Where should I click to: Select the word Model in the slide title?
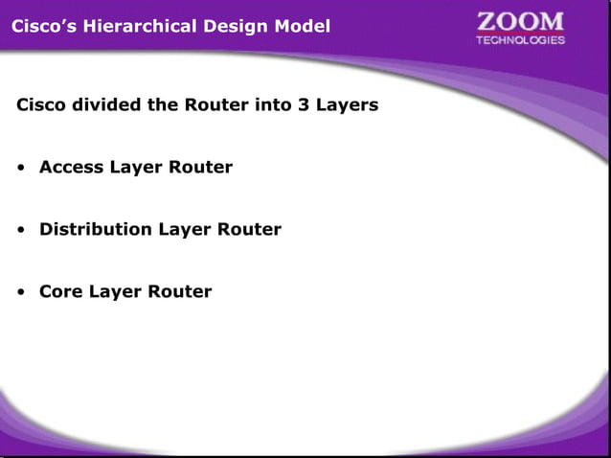click(302, 26)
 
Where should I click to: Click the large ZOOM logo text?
click(520, 22)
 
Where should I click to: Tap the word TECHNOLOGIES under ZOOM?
click(520, 40)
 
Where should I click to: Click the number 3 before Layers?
click(303, 104)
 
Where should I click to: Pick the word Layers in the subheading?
click(347, 104)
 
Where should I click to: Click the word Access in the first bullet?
click(71, 167)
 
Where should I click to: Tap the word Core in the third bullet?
click(60, 291)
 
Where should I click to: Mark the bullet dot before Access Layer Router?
click(20, 169)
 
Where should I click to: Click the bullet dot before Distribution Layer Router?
click(20, 231)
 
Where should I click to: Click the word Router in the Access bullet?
click(200, 167)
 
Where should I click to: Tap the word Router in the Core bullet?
click(179, 291)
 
